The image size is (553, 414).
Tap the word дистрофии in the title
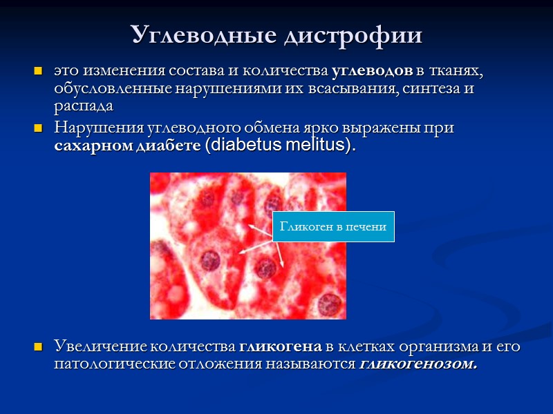coord(353,34)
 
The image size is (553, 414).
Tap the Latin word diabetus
coord(243,146)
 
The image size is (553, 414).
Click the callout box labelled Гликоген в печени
coord(333,226)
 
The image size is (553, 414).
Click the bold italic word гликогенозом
coord(419,364)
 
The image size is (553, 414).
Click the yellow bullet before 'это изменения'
coord(39,72)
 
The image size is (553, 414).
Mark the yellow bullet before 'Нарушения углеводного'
coord(39,128)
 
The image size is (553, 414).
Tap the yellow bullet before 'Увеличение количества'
coord(39,346)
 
